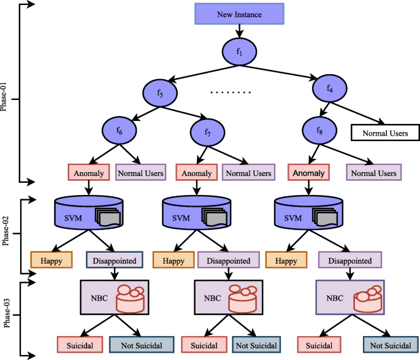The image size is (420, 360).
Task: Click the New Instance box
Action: coord(239,14)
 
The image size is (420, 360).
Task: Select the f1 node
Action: coord(239,52)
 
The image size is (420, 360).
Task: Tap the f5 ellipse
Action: coord(160,93)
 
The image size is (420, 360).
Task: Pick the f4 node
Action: coord(329,88)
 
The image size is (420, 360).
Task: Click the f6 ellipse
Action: coord(119,131)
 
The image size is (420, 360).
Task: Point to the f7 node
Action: coord(208,132)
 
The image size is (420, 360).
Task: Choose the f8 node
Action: coord(319,131)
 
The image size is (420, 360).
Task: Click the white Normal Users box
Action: coord(385,133)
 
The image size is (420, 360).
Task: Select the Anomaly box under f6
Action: coord(89,172)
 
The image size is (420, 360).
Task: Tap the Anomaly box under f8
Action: coord(308,172)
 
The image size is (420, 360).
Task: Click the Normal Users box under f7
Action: coord(248,172)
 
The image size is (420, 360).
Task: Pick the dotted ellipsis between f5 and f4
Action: coord(231,93)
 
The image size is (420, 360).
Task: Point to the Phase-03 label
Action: coord(7,313)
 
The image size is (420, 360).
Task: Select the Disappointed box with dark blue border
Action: coord(115,260)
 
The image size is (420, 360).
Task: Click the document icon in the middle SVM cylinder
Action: coord(215,217)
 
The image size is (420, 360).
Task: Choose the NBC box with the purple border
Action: coord(350,297)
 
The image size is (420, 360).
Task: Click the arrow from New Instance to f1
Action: coord(239,31)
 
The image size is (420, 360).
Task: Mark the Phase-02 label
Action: coord(6,231)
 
